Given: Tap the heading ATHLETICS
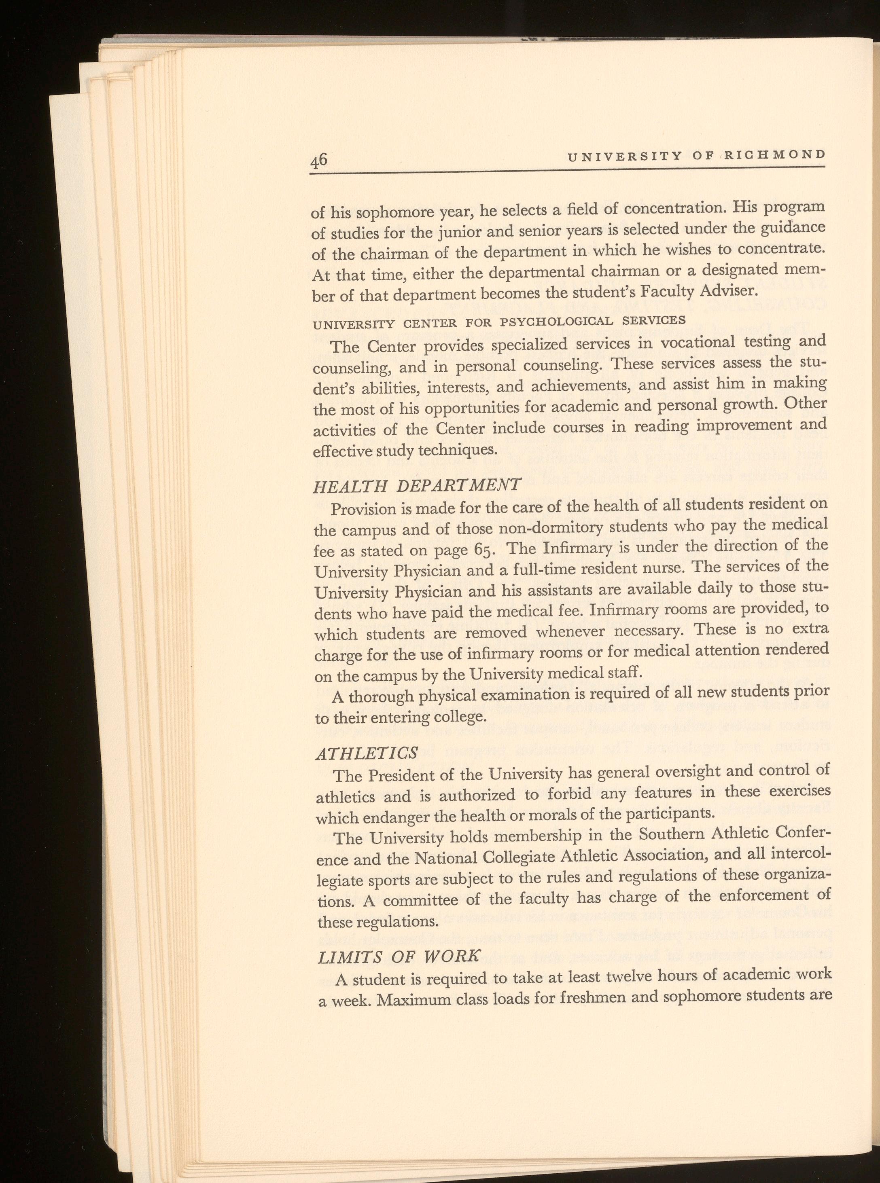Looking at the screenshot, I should pyautogui.click(x=367, y=753).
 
